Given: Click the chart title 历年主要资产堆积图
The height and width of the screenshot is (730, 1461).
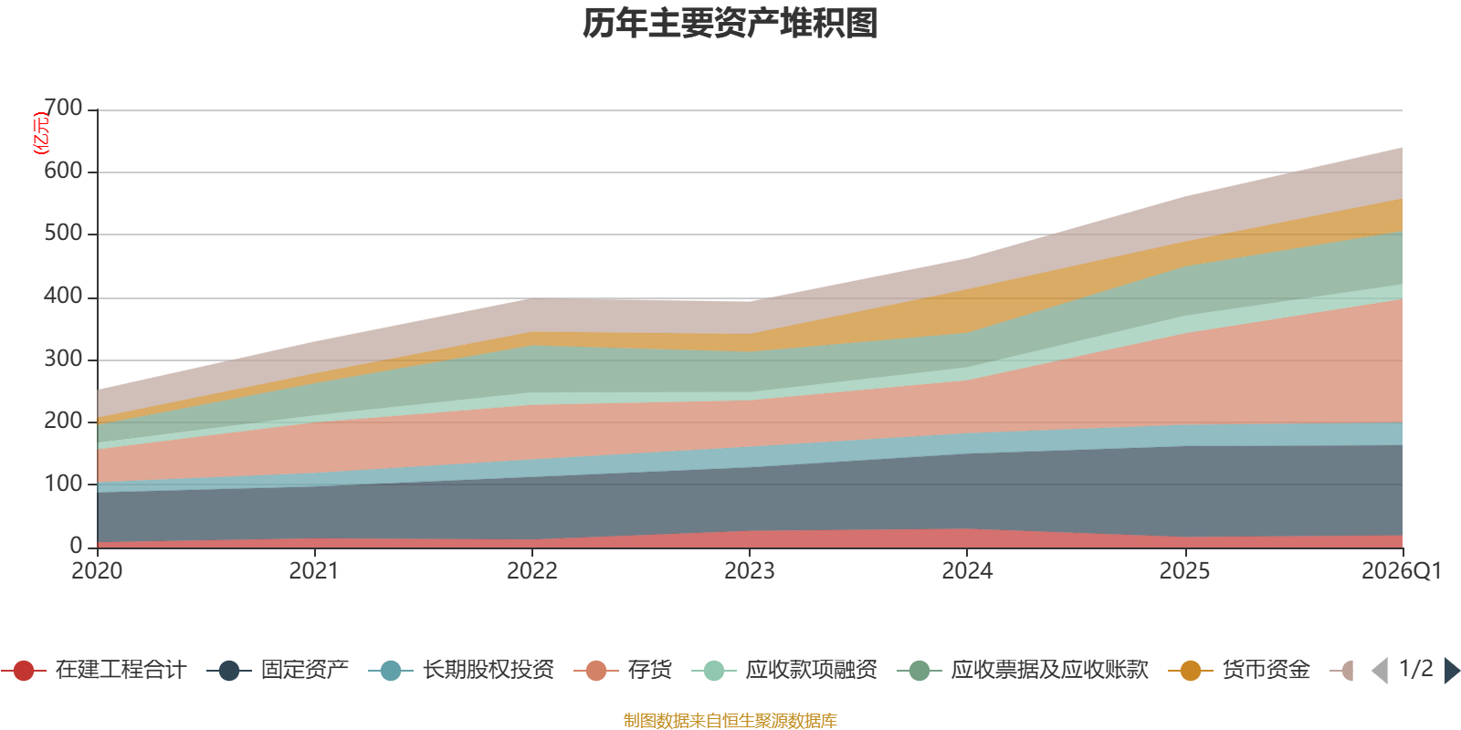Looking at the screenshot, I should click(x=730, y=24).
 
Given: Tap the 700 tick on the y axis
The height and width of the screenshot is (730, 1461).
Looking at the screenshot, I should click(x=64, y=109).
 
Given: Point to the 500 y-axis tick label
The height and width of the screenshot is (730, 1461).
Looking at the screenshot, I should click(x=64, y=234).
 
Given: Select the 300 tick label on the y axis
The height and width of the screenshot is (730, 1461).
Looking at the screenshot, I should click(x=64, y=359).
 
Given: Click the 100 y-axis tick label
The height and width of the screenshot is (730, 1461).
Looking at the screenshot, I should click(x=64, y=484).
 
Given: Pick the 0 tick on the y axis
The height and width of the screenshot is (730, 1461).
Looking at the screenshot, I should click(x=77, y=546).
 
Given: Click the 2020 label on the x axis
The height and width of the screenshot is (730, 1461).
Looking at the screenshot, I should click(x=97, y=571).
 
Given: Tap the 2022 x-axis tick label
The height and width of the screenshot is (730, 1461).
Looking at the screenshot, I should click(x=532, y=571).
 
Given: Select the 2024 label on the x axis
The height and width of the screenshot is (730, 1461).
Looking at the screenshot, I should click(x=967, y=571).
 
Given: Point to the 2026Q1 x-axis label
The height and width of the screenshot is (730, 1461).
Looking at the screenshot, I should click(x=1401, y=571).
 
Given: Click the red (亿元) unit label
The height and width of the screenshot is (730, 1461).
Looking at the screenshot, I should click(x=41, y=133).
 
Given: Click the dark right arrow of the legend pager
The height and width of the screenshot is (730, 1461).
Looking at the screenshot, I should click(x=1452, y=671).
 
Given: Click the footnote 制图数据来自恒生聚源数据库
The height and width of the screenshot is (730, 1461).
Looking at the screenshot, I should click(x=730, y=721).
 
